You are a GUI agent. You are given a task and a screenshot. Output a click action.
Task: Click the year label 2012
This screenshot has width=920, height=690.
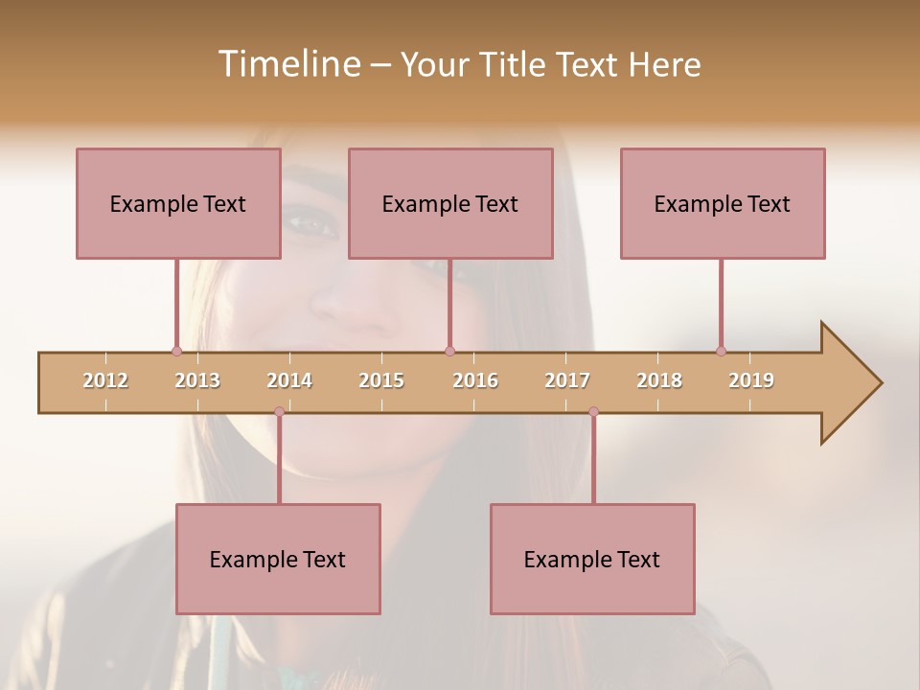click(105, 380)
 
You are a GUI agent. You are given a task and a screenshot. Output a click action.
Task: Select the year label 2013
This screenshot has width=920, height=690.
click(197, 380)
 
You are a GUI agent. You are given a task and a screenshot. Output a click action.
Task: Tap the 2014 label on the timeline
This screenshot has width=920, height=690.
click(289, 380)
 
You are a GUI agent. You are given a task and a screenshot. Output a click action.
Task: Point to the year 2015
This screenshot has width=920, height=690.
click(381, 380)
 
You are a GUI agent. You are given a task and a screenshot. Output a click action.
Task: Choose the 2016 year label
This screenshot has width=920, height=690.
click(475, 380)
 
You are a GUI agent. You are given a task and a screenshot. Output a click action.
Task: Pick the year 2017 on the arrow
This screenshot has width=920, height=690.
click(567, 380)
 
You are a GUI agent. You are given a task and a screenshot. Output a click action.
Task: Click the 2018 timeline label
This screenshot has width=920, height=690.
click(659, 380)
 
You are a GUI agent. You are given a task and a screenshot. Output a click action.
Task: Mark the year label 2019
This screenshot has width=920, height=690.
click(751, 380)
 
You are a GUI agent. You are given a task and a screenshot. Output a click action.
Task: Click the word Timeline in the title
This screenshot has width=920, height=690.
click(287, 64)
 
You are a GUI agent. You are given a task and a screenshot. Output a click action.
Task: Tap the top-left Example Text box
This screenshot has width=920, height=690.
click(178, 203)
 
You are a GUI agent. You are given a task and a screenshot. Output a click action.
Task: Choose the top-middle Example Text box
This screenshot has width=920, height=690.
click(450, 203)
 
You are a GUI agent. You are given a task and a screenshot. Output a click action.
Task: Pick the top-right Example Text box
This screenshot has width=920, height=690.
click(723, 203)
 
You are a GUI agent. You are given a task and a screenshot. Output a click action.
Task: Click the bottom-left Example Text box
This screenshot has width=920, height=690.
click(278, 559)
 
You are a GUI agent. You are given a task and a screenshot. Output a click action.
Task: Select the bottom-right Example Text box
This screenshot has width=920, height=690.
click(592, 559)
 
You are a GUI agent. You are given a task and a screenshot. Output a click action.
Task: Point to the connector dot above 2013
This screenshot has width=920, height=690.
click(176, 351)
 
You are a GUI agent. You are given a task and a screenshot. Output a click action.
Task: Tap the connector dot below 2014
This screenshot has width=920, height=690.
click(279, 412)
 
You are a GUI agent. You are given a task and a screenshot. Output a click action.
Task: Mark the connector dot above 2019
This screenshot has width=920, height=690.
click(721, 351)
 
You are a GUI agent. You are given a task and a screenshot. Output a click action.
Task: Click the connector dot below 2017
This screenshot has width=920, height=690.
click(593, 412)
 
